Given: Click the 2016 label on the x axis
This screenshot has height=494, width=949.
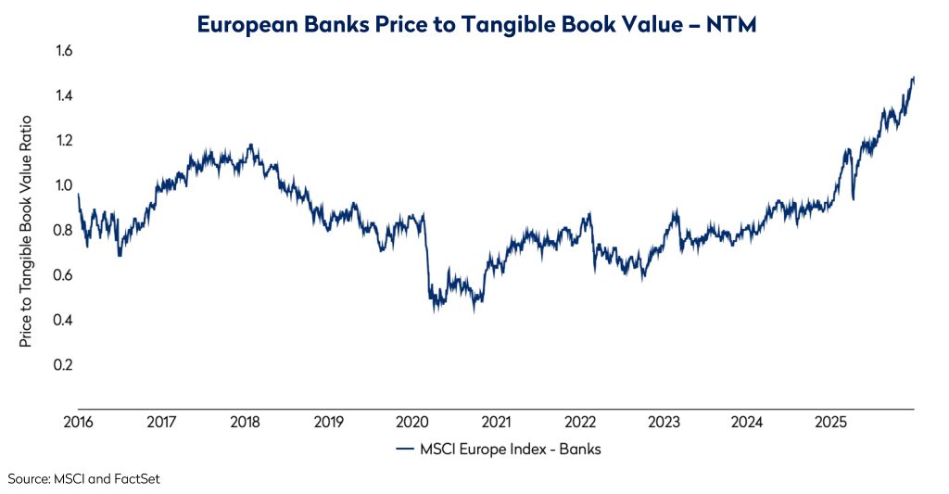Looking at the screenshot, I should click(x=78, y=423).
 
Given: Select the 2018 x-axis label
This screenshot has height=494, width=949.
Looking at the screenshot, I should click(x=245, y=423).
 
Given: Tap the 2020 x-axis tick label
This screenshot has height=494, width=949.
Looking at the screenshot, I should click(x=412, y=423).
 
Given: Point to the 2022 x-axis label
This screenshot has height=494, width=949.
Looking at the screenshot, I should click(x=580, y=423).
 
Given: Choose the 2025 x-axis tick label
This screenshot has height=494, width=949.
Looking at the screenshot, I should click(x=831, y=423).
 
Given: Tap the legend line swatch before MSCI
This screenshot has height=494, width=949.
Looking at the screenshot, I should click(x=404, y=450).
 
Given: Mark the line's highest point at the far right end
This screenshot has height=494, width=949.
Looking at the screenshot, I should click(x=913, y=78).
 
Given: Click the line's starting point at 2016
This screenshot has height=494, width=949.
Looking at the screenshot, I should click(x=79, y=195).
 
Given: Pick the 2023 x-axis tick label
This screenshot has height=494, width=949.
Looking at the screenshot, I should click(x=664, y=423).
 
